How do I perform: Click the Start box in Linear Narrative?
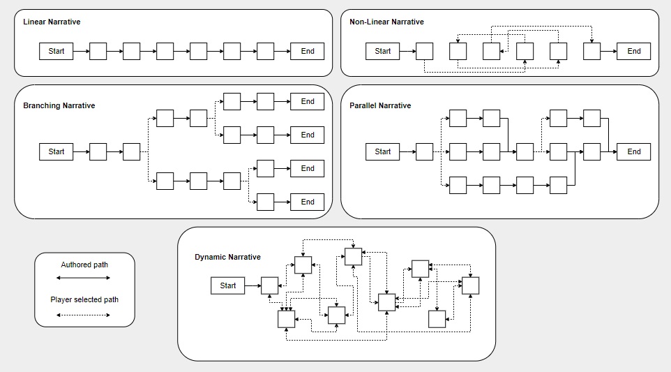pos(56,52)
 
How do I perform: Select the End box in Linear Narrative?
pos(308,52)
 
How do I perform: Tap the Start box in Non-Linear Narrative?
pos(382,52)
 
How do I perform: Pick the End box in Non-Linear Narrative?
pos(634,52)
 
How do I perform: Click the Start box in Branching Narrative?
pos(56,152)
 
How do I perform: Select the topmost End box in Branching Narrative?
pos(308,101)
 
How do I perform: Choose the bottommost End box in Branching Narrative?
pos(308,202)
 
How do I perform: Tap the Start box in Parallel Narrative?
pos(382,152)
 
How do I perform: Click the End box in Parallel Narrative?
pos(634,152)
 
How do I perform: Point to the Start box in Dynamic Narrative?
pos(227,285)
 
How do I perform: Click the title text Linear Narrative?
pos(52,22)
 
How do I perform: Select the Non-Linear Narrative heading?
pos(386,22)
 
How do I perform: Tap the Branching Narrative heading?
pos(59,105)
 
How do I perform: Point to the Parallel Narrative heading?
pos(380,105)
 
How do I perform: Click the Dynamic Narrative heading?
pos(227,257)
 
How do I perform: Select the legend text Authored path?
pos(84,265)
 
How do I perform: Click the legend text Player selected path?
pos(84,299)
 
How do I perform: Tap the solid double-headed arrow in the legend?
pos(84,278)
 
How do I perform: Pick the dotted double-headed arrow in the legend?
pos(84,315)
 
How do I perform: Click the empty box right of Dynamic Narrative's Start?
pos(270,285)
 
